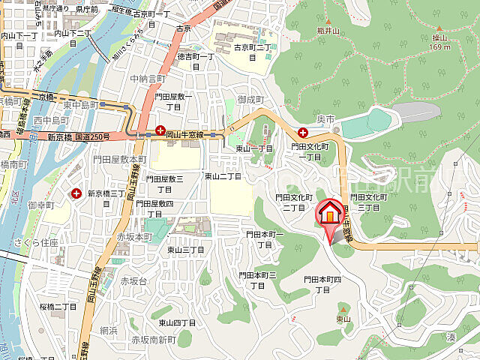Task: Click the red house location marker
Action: [329, 213]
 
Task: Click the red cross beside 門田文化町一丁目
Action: [302, 132]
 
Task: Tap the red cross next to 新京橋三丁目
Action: [76, 193]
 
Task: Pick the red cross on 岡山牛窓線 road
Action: [160, 130]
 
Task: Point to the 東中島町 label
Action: [81, 105]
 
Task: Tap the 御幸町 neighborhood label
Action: [40, 205]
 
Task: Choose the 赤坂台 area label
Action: [133, 280]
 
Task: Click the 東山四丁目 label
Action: [177, 322]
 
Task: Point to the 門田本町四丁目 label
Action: [322, 283]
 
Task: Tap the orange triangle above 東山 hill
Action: [343, 307]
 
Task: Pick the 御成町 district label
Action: [250, 99]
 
